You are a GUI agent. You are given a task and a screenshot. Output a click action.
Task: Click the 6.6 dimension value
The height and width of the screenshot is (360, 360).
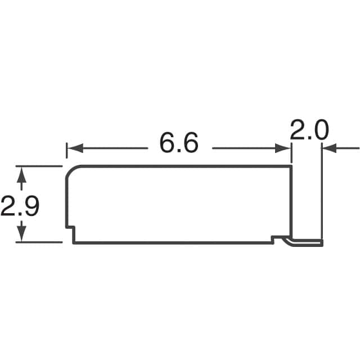coord(179,144)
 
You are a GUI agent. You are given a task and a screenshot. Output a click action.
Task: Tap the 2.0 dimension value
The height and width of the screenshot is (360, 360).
coord(309,130)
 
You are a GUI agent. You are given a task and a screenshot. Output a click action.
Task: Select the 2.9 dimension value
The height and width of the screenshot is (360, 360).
coord(20,205)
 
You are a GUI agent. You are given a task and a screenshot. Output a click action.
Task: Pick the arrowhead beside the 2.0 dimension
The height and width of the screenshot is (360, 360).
coord(329,148)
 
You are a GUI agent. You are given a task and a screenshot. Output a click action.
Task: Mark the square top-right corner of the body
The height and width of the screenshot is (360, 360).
coord(291,166)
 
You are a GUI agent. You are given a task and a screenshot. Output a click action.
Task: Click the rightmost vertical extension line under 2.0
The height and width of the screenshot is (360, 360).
coord(322,191)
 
